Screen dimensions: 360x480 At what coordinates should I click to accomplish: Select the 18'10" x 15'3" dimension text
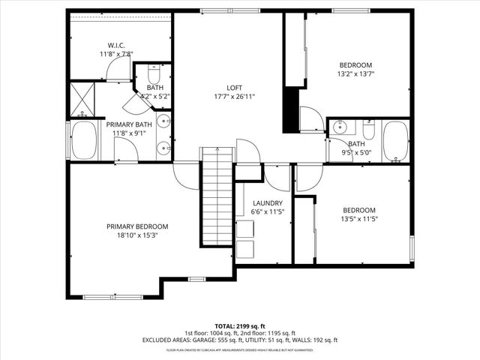[x=136, y=235]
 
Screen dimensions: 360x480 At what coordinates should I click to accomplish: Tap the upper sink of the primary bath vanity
[x=165, y=123]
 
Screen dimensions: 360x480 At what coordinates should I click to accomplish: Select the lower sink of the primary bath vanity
[x=165, y=148]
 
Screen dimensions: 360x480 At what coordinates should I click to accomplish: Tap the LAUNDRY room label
[x=267, y=203]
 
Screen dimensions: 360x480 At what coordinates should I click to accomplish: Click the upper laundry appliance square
[x=245, y=229]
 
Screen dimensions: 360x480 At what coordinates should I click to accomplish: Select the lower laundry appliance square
[x=245, y=250]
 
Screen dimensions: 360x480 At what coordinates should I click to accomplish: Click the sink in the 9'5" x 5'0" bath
[x=341, y=125]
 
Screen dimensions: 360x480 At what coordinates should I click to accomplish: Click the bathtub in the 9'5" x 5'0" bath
[x=395, y=141]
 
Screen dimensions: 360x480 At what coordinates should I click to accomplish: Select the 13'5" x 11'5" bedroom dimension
[x=359, y=219]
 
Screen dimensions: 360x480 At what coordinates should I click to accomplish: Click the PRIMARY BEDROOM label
[x=136, y=226]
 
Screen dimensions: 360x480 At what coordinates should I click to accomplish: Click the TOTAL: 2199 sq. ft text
[x=240, y=325]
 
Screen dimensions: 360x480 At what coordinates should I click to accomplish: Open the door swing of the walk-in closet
[x=118, y=70]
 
